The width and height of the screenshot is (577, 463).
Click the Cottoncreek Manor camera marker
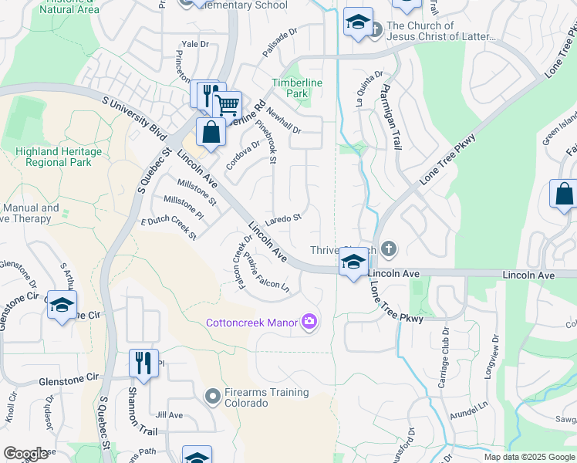309,322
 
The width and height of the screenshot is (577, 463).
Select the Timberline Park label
297,88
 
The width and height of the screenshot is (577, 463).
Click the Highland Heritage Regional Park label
52,157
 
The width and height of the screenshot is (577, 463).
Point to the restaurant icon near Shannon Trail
143,363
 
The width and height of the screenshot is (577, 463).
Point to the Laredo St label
284,219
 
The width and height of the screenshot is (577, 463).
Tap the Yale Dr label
194,44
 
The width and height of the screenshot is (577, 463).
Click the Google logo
25,454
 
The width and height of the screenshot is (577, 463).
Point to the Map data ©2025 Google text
529,457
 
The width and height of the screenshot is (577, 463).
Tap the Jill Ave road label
169,414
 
